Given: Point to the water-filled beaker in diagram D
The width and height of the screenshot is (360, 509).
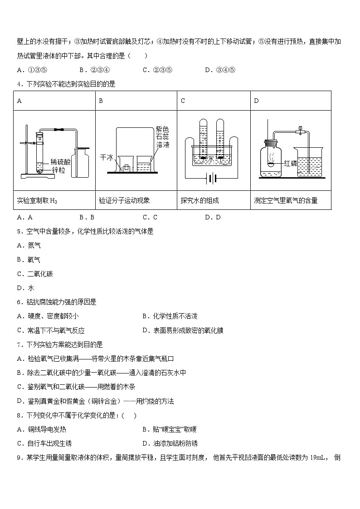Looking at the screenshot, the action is [x=307, y=161].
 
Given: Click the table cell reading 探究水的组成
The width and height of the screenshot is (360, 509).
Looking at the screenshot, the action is [x=199, y=200].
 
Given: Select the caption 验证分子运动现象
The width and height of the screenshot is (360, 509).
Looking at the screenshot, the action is [x=124, y=200].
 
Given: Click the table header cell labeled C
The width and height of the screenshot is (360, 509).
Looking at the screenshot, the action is [x=183, y=101].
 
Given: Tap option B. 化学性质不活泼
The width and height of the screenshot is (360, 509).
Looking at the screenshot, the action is [x=170, y=316].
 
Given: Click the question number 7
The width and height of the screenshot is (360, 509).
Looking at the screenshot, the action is [x=19, y=344].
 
